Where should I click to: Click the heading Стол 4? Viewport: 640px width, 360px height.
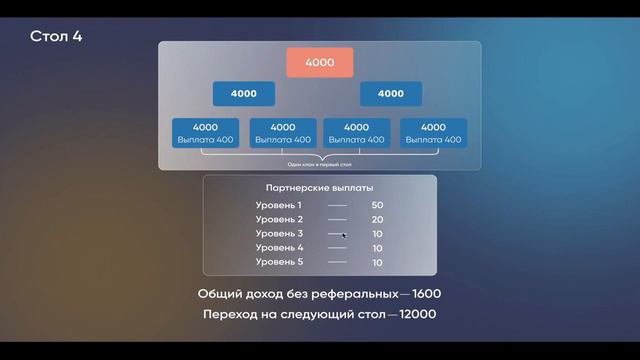point(56,37)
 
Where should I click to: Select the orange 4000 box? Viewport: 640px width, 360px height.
point(320,62)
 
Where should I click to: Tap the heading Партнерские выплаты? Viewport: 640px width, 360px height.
point(320,187)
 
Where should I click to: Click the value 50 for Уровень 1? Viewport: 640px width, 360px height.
point(377,205)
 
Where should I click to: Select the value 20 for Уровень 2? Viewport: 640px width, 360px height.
point(377,219)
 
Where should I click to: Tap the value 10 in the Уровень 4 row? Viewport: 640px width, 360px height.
point(377,247)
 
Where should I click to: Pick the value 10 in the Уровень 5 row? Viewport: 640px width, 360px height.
point(377,262)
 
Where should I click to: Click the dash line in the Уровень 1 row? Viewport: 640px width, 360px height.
point(337,205)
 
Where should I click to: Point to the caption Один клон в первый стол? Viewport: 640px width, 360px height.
point(320,164)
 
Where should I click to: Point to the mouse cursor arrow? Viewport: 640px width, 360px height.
point(344,235)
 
